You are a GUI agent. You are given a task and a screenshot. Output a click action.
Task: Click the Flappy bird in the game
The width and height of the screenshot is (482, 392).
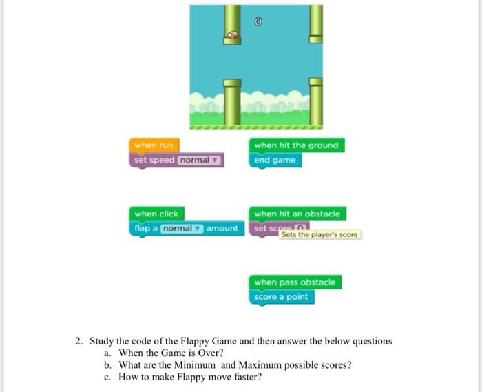coord(233,33)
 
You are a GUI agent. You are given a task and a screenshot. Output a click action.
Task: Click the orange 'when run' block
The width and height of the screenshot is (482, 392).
coord(154,145)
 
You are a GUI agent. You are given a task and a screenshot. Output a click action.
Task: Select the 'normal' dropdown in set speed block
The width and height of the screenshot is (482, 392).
coord(198,160)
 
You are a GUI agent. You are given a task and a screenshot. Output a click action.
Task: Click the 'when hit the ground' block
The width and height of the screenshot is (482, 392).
coord(296,145)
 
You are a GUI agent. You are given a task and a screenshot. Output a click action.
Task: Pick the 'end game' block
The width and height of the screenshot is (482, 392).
coord(275,160)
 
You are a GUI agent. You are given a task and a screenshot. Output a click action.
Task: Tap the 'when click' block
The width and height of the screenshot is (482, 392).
coord(156,214)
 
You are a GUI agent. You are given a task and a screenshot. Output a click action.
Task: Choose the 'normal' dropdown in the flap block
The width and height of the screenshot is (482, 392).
coord(181,228)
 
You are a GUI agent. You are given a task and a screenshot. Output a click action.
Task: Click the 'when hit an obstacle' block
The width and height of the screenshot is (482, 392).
coord(297,214)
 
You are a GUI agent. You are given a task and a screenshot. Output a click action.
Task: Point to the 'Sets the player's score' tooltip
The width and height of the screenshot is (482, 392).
coord(319,235)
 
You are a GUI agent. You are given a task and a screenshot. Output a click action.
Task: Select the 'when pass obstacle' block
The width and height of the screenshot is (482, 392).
coord(295,282)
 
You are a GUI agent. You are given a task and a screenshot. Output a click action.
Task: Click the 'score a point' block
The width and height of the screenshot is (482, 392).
coord(281,297)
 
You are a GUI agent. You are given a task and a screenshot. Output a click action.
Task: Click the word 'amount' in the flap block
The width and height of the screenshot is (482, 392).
coord(222,228)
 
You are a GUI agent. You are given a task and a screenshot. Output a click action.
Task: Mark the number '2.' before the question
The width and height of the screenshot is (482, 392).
coord(80,341)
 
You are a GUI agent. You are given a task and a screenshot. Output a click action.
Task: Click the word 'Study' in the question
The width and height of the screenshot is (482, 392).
coord(103,341)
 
